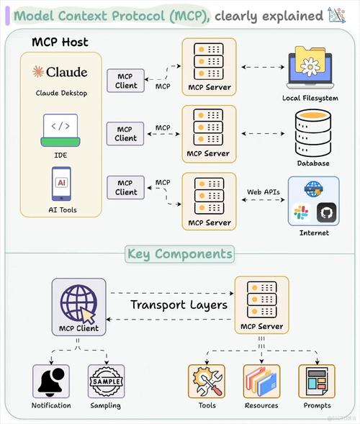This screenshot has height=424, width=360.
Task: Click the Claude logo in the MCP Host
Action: tap(60, 71)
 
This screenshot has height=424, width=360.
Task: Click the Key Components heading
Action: tap(179, 253)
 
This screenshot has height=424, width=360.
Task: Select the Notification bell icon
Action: tap(51, 381)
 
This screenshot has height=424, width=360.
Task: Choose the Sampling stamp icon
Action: tap(106, 381)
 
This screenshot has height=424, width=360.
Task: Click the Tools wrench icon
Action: tap(207, 381)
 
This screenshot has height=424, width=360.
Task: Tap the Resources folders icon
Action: tap(261, 381)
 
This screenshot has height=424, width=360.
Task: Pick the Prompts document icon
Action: tap(317, 381)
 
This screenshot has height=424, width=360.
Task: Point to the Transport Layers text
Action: tap(179, 305)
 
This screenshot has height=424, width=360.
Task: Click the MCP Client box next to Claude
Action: tap(126, 81)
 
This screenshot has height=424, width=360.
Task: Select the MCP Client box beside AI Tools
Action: tap(126, 187)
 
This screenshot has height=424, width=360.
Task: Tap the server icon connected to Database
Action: tap(207, 128)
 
